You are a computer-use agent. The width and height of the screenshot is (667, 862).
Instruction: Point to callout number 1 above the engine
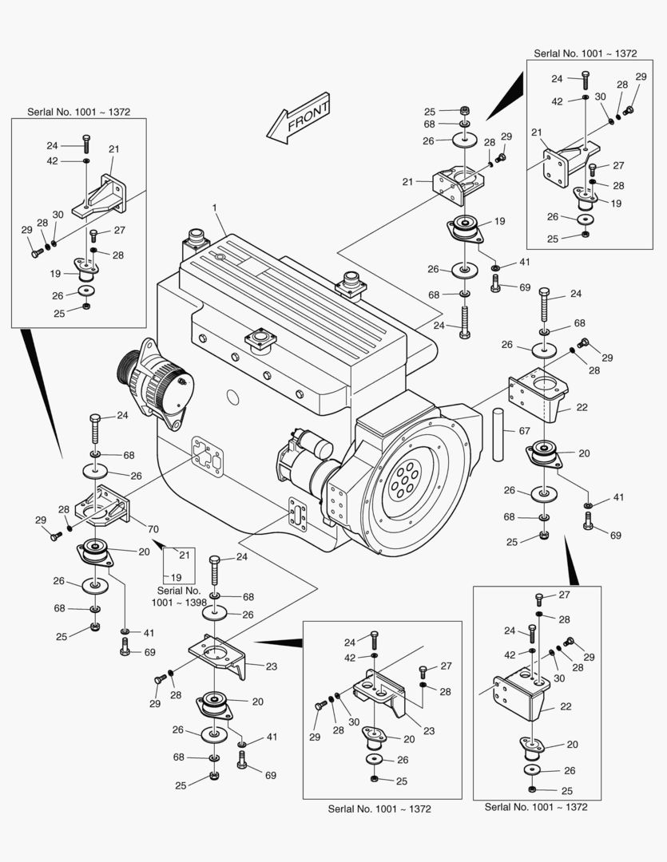click(214, 208)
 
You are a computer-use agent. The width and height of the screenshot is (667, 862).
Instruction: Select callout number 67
click(524, 431)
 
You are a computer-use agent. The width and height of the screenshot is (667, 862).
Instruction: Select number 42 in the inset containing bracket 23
click(350, 658)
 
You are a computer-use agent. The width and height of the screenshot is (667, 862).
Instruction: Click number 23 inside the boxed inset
click(429, 730)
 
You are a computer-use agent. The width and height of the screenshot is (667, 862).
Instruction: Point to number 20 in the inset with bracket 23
click(410, 740)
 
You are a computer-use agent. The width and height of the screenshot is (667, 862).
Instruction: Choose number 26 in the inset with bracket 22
click(570, 770)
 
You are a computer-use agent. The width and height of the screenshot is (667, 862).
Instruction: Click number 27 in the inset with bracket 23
click(446, 666)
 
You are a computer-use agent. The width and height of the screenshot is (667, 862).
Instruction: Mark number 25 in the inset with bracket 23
click(402, 781)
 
